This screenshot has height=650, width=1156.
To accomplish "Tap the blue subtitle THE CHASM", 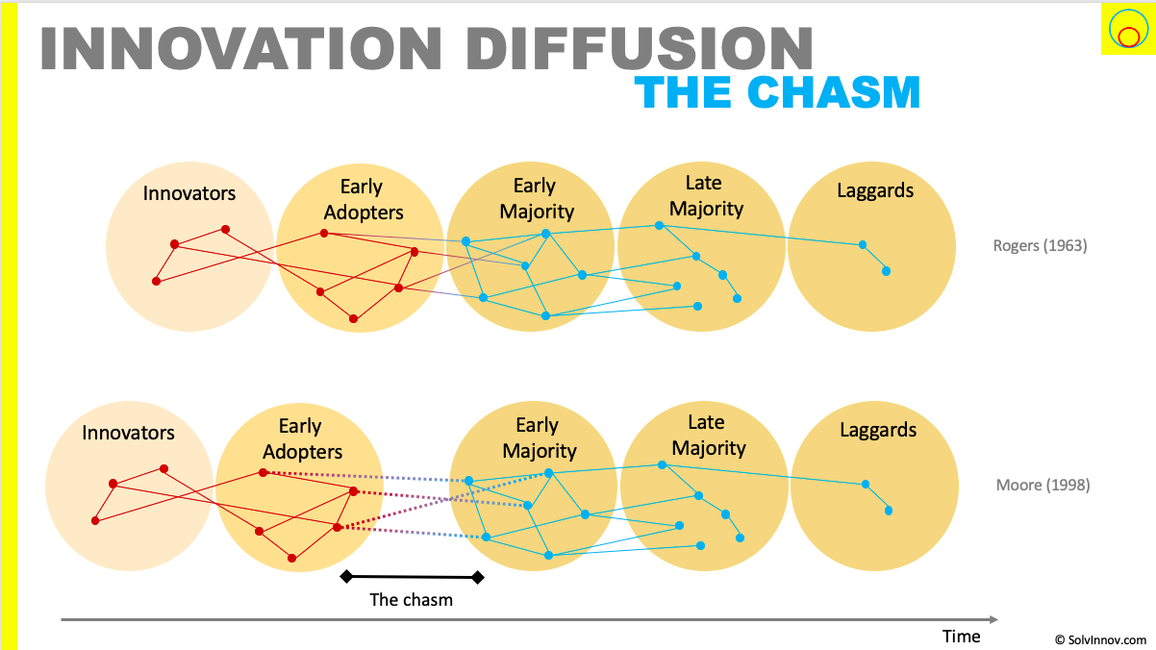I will [x=777, y=92].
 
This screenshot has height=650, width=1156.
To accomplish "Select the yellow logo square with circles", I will [x=1126, y=30].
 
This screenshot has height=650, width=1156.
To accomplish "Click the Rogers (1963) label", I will [x=1040, y=245].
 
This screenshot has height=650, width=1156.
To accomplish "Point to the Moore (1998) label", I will [x=1043, y=485].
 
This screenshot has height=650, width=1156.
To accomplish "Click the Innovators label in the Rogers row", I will [x=189, y=193].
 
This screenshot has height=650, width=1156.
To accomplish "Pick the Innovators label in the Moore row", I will [x=128, y=433].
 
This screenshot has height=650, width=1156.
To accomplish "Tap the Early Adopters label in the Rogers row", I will [x=363, y=200].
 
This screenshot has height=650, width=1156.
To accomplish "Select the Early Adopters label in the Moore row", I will [x=302, y=438].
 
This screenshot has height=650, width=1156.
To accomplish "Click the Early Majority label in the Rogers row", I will [x=534, y=198].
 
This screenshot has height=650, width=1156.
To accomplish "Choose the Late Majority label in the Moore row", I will [x=708, y=435].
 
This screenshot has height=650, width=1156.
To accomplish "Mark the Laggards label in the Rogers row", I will [x=875, y=190].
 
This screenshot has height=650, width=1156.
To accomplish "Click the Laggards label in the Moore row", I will [x=877, y=430].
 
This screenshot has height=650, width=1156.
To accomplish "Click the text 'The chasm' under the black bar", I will [x=411, y=600].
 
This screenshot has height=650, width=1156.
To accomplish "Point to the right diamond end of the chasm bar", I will [x=478, y=577].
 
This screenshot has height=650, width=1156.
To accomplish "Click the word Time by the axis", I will [x=961, y=637].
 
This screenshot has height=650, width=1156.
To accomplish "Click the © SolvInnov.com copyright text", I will [x=1100, y=639].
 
